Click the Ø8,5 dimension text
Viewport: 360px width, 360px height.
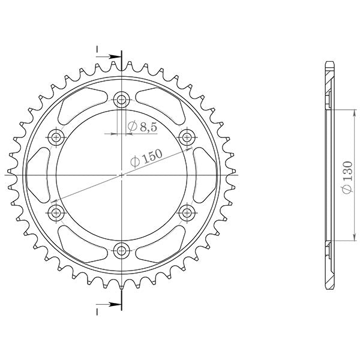pyautogui.click(x=143, y=127)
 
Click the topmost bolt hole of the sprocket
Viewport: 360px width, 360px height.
pyautogui.click(x=122, y=100)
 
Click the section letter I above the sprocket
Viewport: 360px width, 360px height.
pyautogui.click(x=97, y=49)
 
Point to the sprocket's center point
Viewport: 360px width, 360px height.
pyautogui.click(x=122, y=175)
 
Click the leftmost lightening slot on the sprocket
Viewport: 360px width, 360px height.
pyautogui.click(x=40, y=175)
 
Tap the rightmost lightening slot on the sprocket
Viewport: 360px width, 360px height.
pyautogui.click(x=205, y=175)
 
